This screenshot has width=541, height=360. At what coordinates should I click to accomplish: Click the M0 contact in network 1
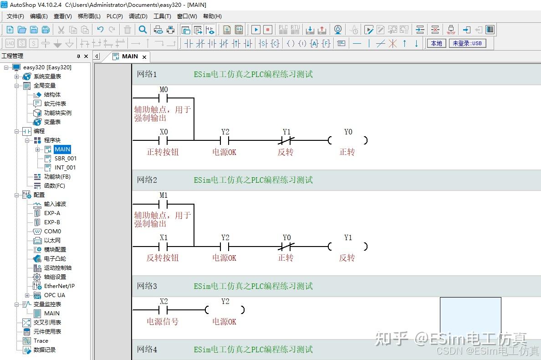click(163, 98)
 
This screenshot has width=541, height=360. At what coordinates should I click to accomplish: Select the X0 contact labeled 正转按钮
click(163, 140)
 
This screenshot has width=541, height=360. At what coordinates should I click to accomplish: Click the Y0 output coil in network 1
click(348, 140)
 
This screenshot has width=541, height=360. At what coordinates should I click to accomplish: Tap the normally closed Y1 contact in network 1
click(286, 140)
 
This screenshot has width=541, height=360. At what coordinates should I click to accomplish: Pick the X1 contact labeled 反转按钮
click(163, 247)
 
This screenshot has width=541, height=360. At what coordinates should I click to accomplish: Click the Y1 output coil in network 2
click(348, 247)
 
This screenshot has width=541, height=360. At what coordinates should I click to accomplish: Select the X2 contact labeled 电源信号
click(163, 310)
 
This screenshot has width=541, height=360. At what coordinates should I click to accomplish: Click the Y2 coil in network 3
click(225, 310)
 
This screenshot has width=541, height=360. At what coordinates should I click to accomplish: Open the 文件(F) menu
click(15, 16)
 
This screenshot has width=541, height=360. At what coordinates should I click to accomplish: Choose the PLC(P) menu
click(115, 16)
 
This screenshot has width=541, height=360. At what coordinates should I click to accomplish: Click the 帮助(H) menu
click(212, 16)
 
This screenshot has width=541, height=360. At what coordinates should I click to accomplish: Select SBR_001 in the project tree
click(65, 159)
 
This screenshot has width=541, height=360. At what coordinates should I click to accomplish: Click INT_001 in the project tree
click(65, 167)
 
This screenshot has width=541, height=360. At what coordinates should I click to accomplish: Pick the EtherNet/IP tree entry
click(59, 286)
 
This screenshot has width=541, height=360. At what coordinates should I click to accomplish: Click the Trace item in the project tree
click(41, 341)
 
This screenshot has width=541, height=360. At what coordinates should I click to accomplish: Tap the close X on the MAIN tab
click(144, 57)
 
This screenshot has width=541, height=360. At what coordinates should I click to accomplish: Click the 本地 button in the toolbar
click(436, 43)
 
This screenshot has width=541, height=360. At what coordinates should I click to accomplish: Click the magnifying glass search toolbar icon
click(143, 30)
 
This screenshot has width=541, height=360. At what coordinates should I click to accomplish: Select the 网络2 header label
click(147, 180)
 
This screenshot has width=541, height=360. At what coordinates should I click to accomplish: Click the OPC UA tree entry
click(55, 295)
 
